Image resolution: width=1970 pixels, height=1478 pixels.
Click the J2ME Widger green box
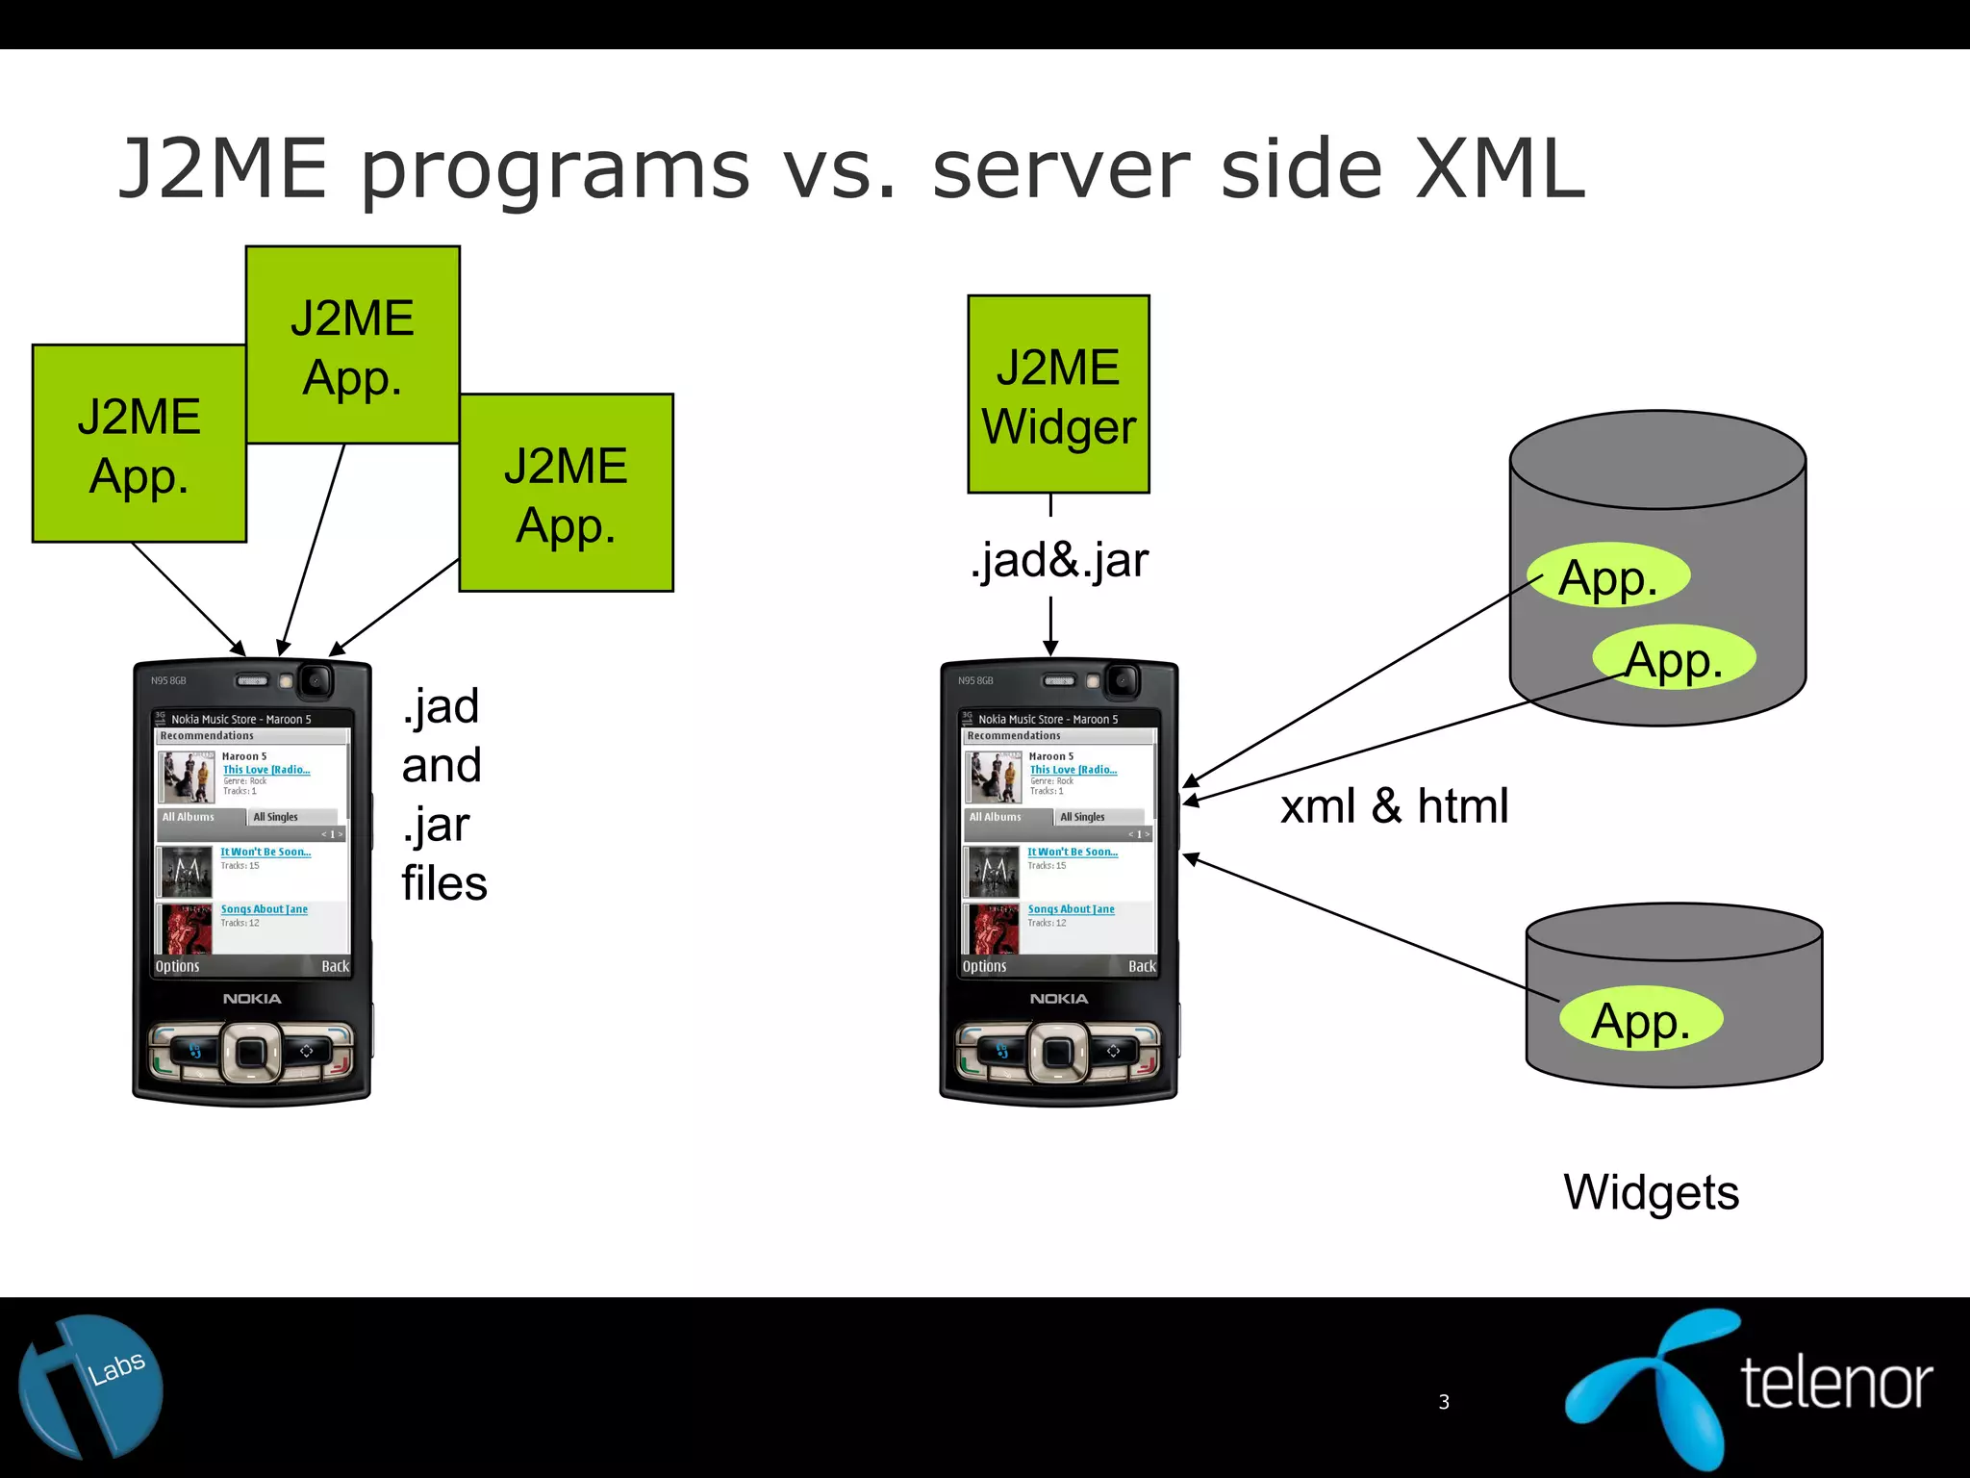pyautogui.click(x=1058, y=395)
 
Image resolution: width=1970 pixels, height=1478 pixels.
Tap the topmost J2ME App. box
pyautogui.click(x=352, y=344)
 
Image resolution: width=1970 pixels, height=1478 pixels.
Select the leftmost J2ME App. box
pyautogui.click(x=139, y=444)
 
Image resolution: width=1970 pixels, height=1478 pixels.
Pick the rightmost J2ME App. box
pyautogui.click(x=566, y=493)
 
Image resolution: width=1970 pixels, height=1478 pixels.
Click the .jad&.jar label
pyautogui.click(x=1059, y=560)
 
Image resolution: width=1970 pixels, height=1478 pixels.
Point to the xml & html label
pyautogui.click(x=1394, y=805)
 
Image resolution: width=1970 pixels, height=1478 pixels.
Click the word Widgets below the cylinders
pyautogui.click(x=1651, y=1192)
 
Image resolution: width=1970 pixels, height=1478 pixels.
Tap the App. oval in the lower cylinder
pyautogui.click(x=1640, y=1019)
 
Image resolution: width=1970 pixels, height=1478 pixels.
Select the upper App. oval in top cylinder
pyautogui.click(x=1608, y=576)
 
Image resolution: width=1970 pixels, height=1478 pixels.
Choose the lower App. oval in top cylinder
pyautogui.click(x=1674, y=659)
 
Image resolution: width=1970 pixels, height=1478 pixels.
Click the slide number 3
pyautogui.click(x=1444, y=1402)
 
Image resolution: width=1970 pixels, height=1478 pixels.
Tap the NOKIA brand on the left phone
pyautogui.click(x=252, y=999)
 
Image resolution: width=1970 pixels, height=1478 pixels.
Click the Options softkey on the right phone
pyautogui.click(x=984, y=966)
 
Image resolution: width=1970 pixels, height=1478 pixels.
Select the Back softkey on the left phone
pyautogui.click(x=335, y=966)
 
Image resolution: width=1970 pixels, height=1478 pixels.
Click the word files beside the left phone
pyautogui.click(x=444, y=883)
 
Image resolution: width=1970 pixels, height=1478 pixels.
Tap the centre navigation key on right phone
pyautogui.click(x=1058, y=1052)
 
